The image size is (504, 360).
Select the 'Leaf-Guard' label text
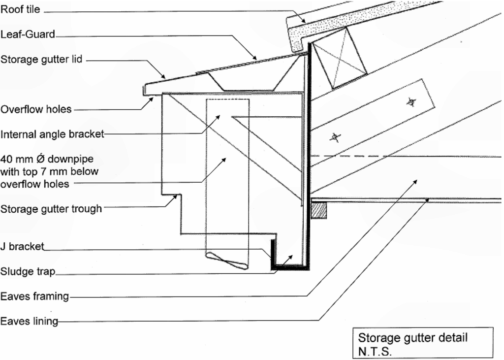point(28,35)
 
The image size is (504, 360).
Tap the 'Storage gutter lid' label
point(41,60)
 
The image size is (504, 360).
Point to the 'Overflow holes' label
point(36,109)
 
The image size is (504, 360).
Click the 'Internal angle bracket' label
point(52,134)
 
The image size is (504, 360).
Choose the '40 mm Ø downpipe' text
point(49,159)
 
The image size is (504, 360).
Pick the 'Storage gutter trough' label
point(51,209)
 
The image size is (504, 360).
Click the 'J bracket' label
point(23,246)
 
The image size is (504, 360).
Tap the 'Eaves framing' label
point(34,297)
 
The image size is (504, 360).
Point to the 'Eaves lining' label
point(29,322)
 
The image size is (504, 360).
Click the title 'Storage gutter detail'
point(412,338)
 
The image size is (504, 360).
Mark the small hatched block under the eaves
point(319,210)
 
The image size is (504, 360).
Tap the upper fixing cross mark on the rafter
point(410,102)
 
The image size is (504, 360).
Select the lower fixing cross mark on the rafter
point(335,137)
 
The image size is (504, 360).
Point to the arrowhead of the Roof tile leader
point(305,21)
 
